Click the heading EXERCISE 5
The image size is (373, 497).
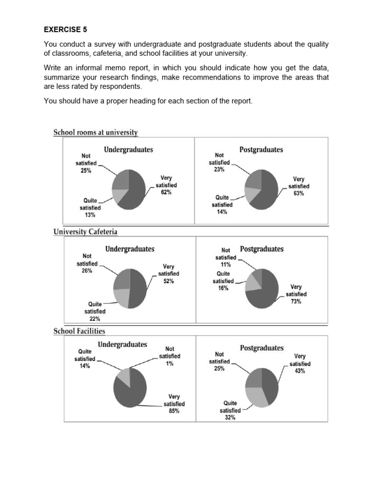(x=62, y=29)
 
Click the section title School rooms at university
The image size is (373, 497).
(x=96, y=132)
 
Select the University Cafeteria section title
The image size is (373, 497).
(x=85, y=232)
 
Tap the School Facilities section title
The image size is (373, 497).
(x=79, y=331)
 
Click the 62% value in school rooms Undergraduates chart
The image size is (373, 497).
(x=167, y=192)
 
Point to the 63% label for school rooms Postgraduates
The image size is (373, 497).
(x=298, y=193)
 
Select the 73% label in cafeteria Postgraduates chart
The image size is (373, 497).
(x=296, y=301)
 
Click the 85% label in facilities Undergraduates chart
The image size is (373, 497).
(x=174, y=411)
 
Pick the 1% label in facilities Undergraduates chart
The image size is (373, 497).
(x=170, y=363)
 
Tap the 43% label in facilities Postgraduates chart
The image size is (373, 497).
(x=300, y=371)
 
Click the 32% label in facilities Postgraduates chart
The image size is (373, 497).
(x=230, y=417)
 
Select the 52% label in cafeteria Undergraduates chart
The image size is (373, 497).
(x=169, y=281)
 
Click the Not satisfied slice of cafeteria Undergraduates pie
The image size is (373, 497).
(x=122, y=279)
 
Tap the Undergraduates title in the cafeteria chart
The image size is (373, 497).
(x=130, y=249)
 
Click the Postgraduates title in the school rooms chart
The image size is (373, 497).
(x=261, y=150)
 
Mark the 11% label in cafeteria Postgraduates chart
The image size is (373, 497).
(x=226, y=265)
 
